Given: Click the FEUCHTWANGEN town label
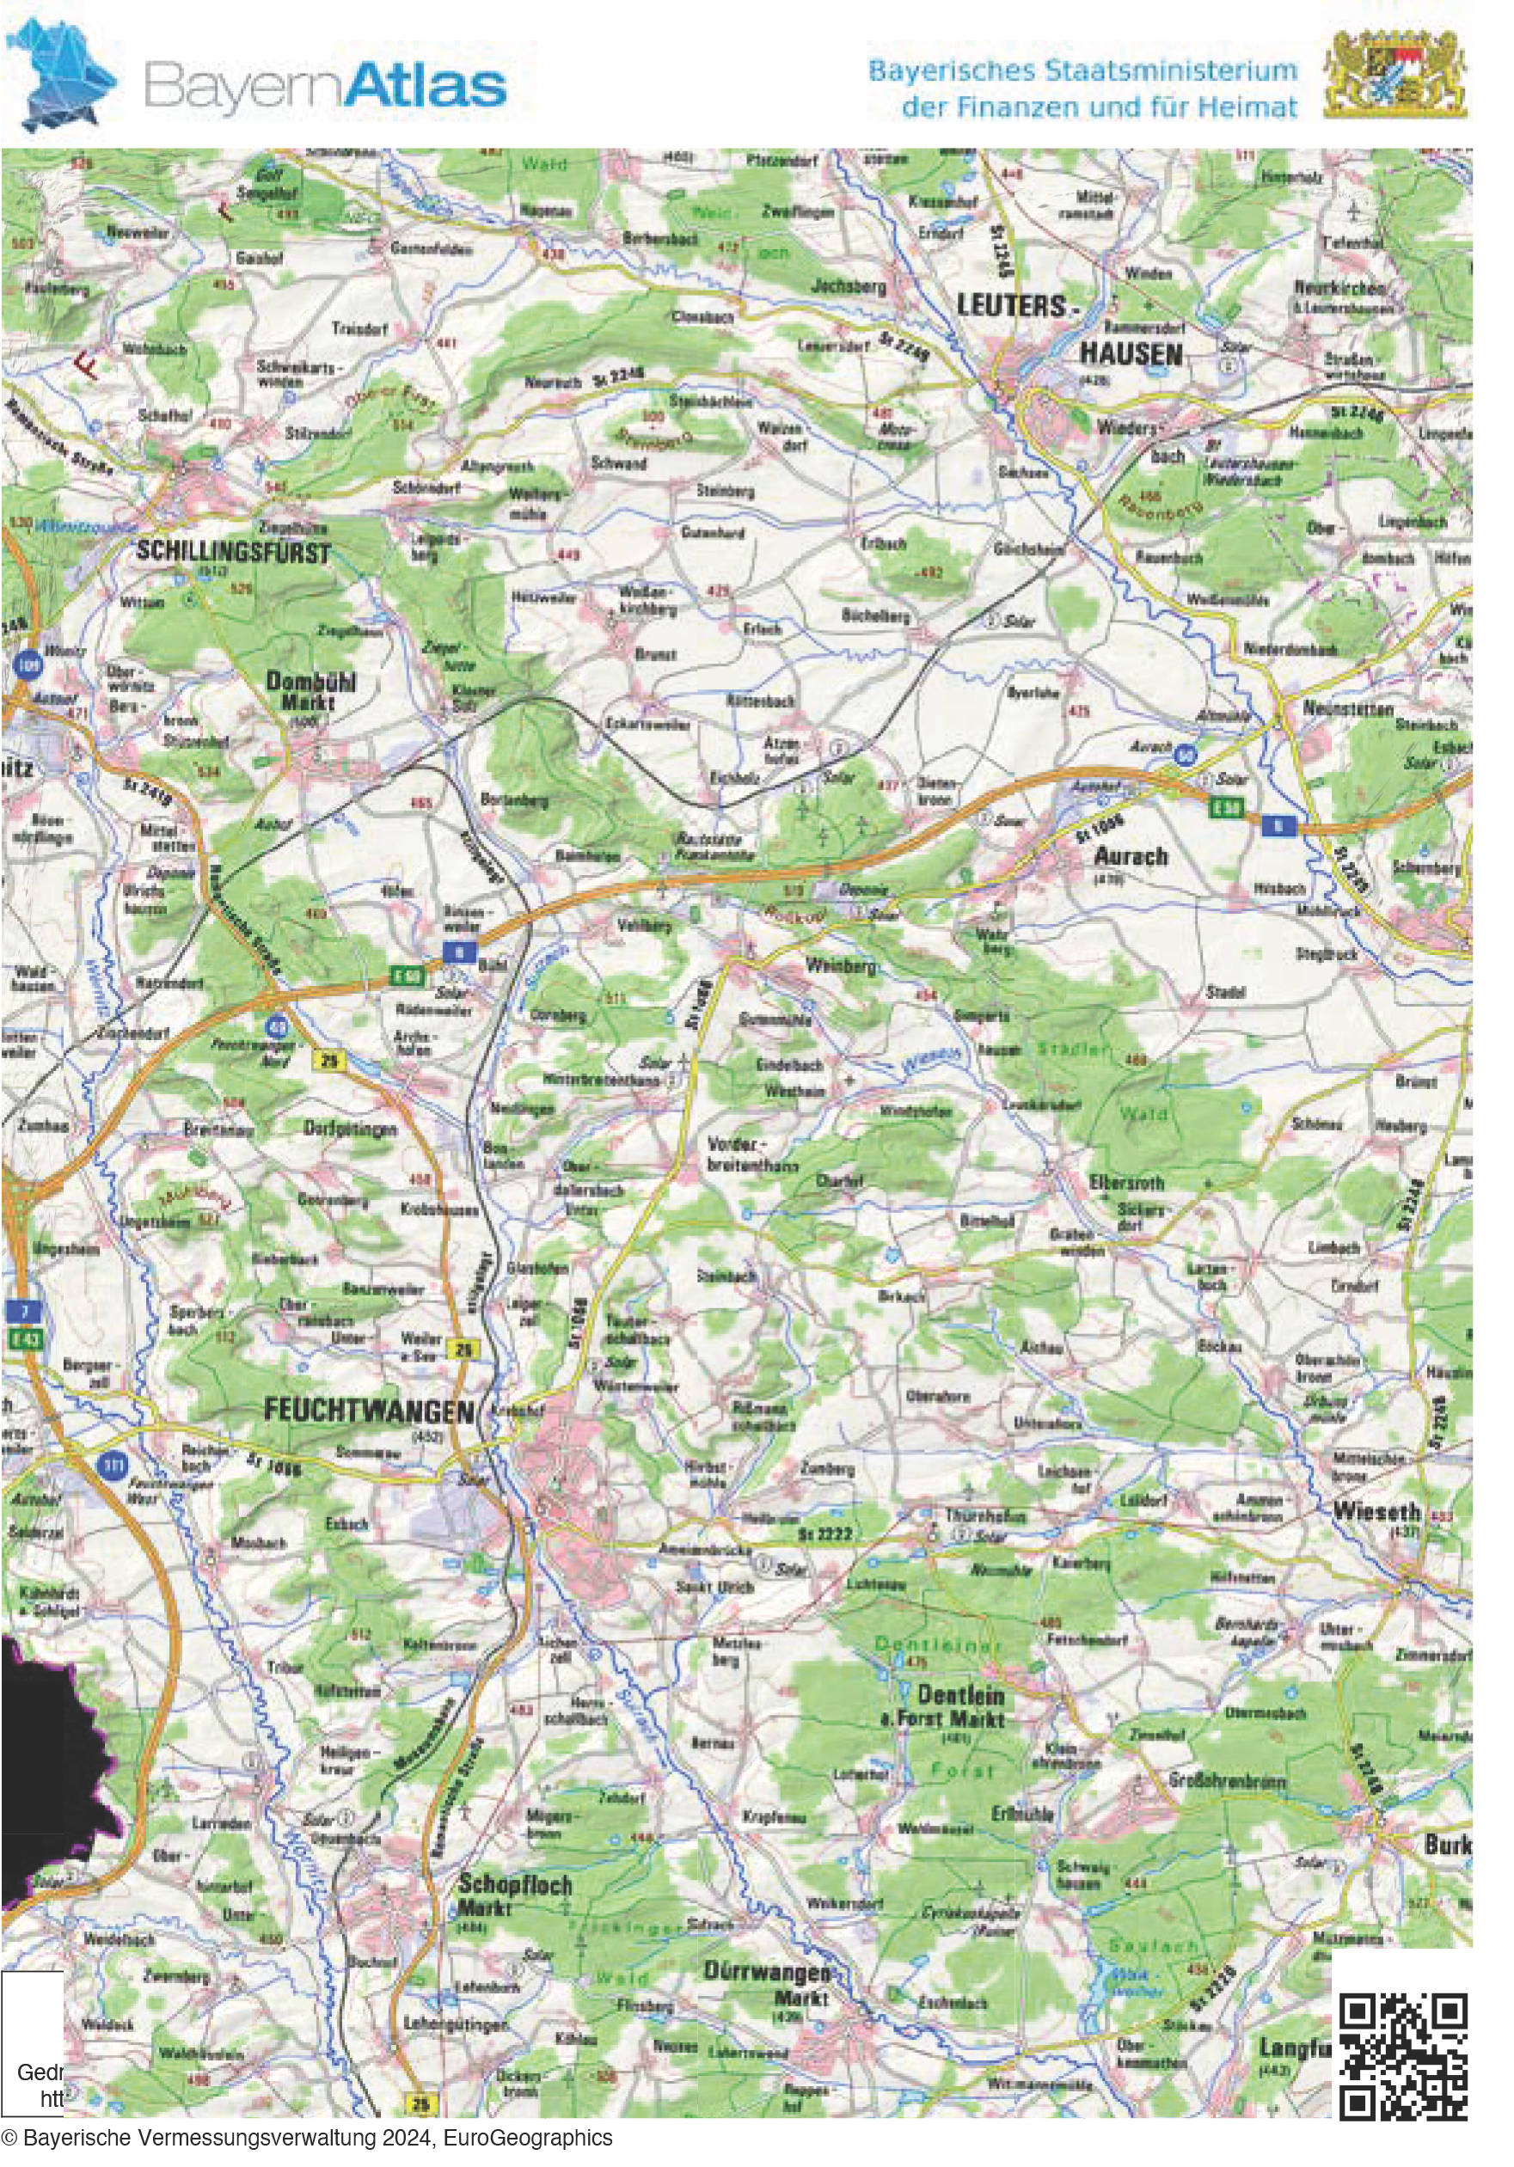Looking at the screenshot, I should (368, 1411).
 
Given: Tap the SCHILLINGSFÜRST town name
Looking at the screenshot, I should (233, 552).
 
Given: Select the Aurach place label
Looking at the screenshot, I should (1131, 856).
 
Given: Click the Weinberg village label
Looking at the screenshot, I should (840, 965).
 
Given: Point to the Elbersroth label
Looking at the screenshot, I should (1126, 1183).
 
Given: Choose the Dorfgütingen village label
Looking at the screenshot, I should (350, 1129).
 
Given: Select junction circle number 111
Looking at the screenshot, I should (113, 1466).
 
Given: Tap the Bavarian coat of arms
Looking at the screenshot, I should (1395, 74).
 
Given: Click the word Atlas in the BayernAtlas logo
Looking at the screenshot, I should (423, 86).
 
